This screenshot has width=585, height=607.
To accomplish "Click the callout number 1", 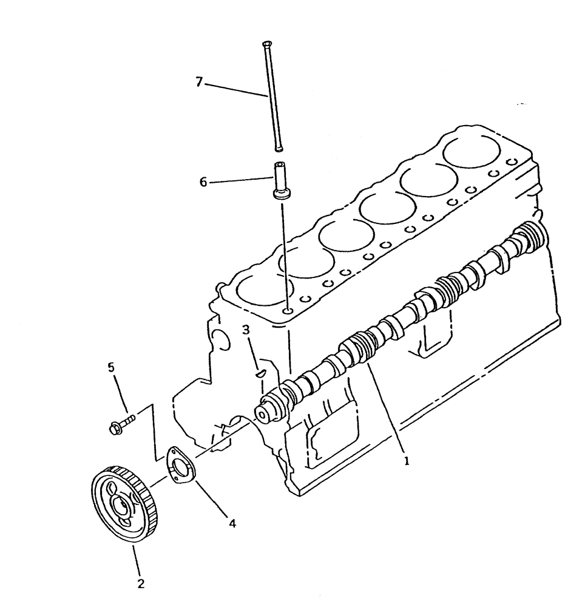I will (x=407, y=461).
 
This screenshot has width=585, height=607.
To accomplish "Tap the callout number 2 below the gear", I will (x=141, y=584).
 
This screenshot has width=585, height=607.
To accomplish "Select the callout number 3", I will (x=246, y=330).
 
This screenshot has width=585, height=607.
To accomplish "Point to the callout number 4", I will (x=232, y=521).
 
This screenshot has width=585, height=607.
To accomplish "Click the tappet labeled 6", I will (x=282, y=180).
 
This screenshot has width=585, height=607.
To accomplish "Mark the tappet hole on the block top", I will (x=287, y=312).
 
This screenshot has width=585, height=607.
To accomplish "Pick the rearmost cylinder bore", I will (x=471, y=148).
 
